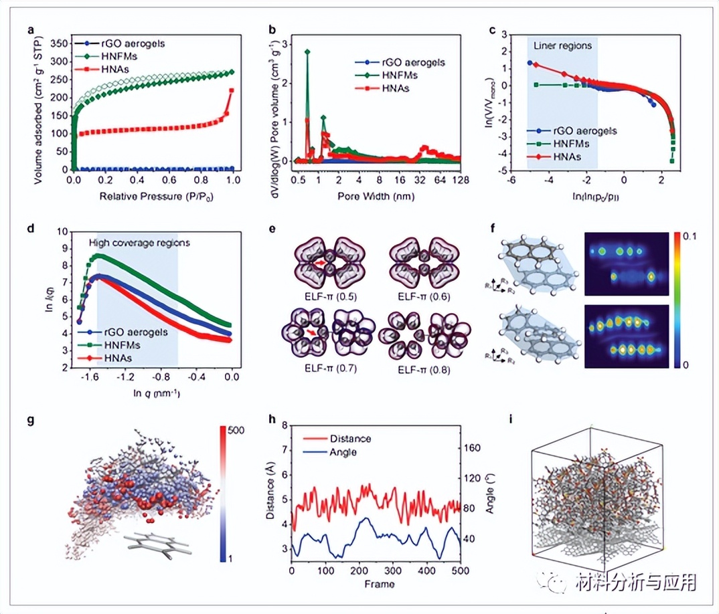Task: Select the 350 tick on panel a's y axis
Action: click(x=62, y=42)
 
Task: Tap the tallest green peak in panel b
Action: click(x=307, y=51)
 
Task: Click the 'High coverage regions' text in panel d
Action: click(x=139, y=242)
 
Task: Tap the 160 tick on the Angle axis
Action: click(x=475, y=449)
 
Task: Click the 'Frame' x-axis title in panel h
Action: click(x=375, y=584)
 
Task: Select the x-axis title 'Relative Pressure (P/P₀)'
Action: click(x=151, y=198)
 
